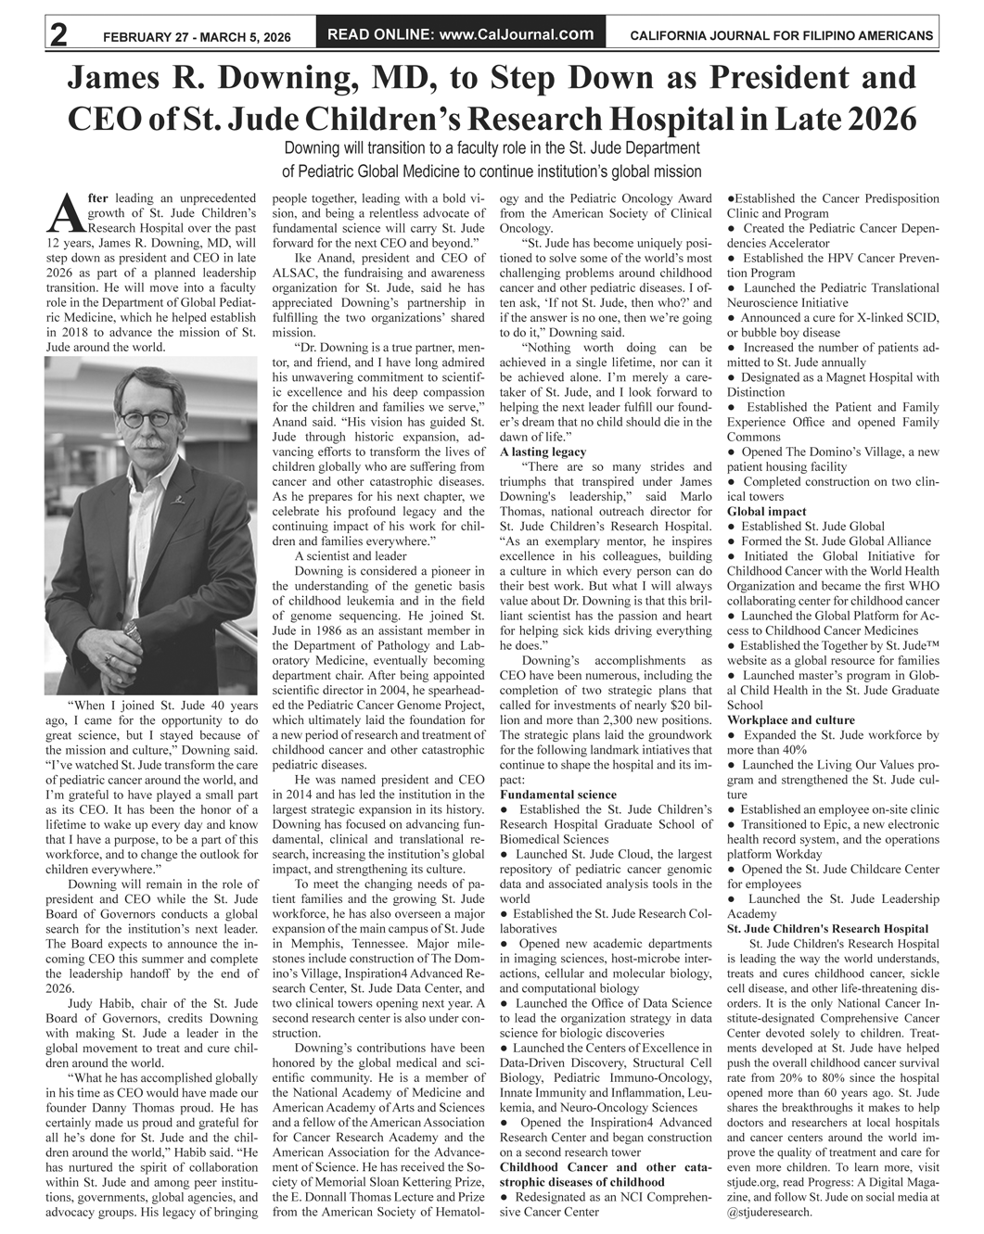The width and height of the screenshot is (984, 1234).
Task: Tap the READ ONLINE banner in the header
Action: pos(461,34)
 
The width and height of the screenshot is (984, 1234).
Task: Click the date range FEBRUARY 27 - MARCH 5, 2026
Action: pos(197,37)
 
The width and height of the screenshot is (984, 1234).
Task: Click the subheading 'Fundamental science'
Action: pos(557,795)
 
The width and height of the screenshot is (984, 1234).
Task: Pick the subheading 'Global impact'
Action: pos(766,511)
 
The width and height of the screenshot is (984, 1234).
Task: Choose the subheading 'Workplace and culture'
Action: pos(791,719)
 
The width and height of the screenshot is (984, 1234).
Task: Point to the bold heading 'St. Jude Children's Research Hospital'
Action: pos(827,928)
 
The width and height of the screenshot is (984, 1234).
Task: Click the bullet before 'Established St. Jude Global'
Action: pos(732,527)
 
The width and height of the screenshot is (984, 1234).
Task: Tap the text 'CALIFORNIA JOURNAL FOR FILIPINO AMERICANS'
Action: pos(781,36)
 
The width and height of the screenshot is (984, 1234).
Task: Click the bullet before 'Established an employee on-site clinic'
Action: pos(732,809)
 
